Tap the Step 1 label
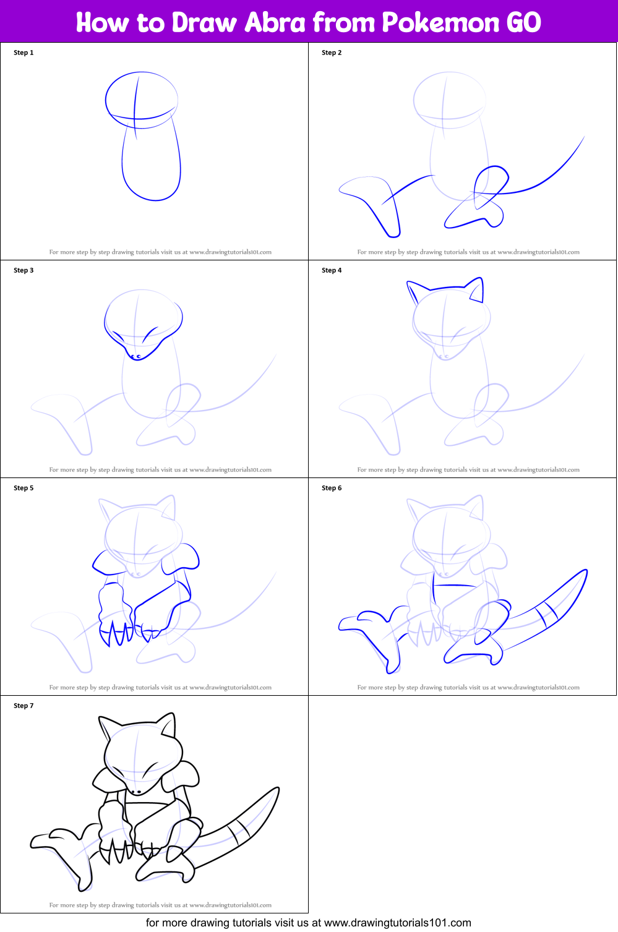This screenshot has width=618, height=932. point(24,53)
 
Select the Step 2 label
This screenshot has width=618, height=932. point(332,53)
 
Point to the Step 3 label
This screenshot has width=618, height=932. point(24,270)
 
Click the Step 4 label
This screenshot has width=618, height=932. point(332,270)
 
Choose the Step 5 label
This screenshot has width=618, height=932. point(24,488)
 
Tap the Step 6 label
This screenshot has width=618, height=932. point(332,488)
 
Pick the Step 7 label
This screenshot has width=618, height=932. point(24,706)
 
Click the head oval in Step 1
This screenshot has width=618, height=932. point(142,99)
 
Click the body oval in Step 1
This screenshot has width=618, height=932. point(151,164)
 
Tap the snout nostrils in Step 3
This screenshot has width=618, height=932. point(135,356)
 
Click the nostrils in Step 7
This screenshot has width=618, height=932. point(135,792)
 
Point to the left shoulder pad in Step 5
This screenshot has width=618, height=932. point(107,561)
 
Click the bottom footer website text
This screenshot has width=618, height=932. point(308,923)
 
